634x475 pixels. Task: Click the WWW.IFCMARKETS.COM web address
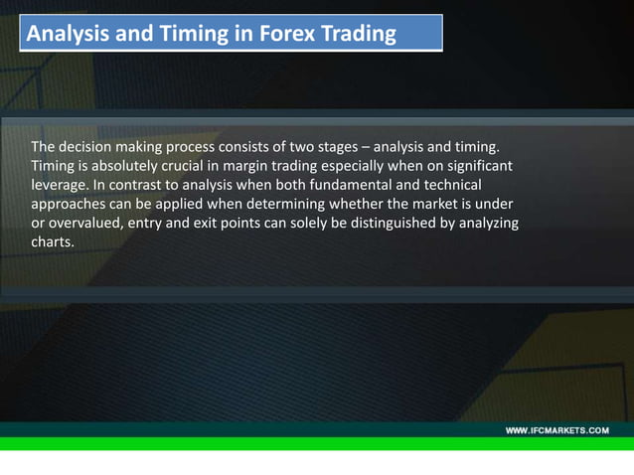click(x=557, y=430)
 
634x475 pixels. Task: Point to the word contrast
click(x=137, y=186)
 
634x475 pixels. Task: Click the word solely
click(x=313, y=223)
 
